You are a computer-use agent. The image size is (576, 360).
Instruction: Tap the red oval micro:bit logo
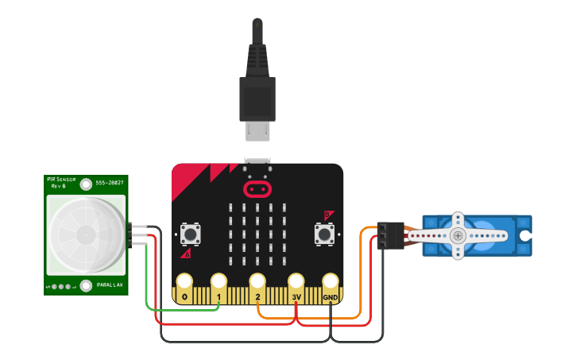257,189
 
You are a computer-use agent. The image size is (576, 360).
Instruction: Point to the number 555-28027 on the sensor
110,183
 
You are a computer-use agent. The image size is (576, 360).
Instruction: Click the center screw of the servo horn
458,235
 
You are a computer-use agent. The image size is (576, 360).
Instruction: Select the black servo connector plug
390,235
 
